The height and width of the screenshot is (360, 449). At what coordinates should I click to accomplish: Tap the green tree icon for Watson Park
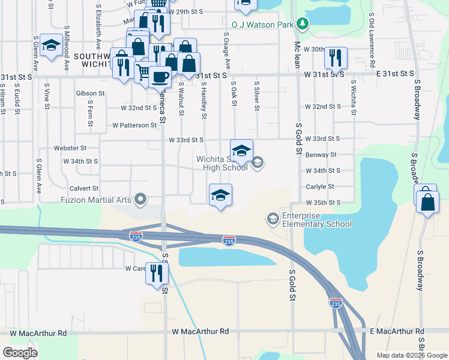pyautogui.click(x=304, y=25)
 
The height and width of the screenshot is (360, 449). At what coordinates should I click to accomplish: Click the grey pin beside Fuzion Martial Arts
pyautogui.click(x=142, y=199)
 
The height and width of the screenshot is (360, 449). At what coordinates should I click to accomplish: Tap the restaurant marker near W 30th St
pyautogui.click(x=334, y=58)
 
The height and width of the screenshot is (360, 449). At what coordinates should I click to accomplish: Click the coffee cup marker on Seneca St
pyautogui.click(x=160, y=77)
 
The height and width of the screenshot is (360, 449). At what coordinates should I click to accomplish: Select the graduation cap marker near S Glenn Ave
pyautogui.click(x=50, y=44)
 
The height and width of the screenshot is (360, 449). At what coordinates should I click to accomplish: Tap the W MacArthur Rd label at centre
pyautogui.click(x=200, y=331)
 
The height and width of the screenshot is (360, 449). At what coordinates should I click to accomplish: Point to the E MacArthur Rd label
pyautogui.click(x=397, y=331)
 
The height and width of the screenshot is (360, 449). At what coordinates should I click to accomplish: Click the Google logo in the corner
pyautogui.click(x=20, y=353)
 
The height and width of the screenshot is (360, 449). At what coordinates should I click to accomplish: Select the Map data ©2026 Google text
pyautogui.click(x=411, y=355)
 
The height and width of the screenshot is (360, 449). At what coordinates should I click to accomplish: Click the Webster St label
pyautogui.click(x=70, y=148)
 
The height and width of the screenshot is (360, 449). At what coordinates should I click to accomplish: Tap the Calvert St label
pyautogui.click(x=83, y=188)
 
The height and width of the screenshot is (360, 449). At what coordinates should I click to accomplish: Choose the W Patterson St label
pyautogui.click(x=134, y=125)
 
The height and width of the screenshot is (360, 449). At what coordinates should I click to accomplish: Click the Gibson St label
pyautogui.click(x=91, y=94)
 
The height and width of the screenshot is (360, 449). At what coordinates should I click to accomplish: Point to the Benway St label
pyautogui.click(x=321, y=154)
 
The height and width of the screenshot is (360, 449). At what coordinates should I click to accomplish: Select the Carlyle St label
pyautogui.click(x=315, y=187)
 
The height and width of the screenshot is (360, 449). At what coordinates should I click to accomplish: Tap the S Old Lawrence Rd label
pyautogui.click(x=372, y=40)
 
